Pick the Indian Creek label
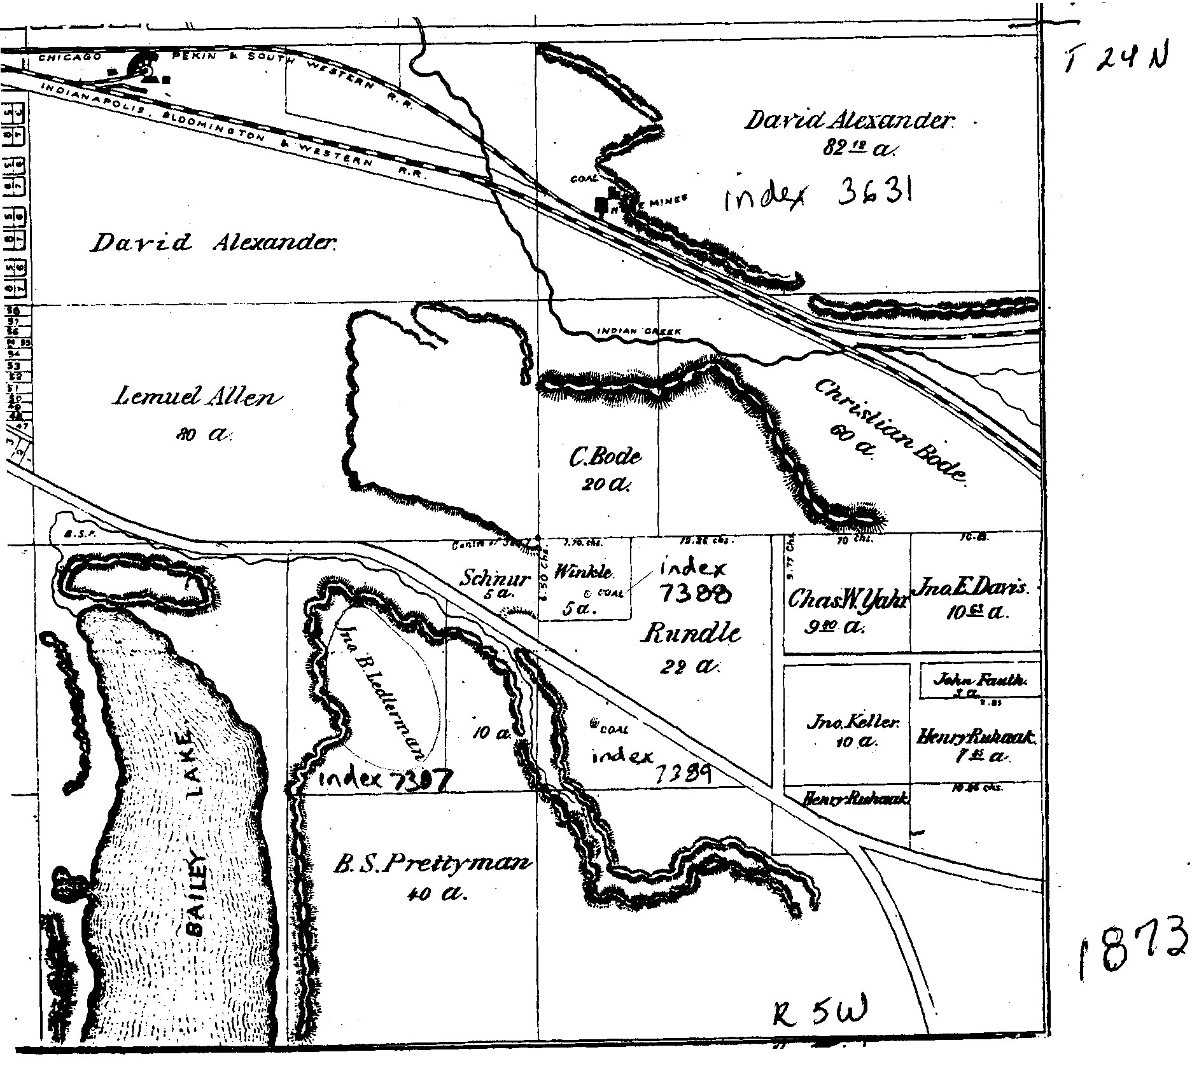click(x=639, y=331)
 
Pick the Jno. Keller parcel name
click(x=845, y=723)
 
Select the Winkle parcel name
click(x=584, y=572)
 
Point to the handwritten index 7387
click(x=385, y=779)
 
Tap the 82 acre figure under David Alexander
click(x=858, y=149)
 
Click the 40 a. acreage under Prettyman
click(x=437, y=895)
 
